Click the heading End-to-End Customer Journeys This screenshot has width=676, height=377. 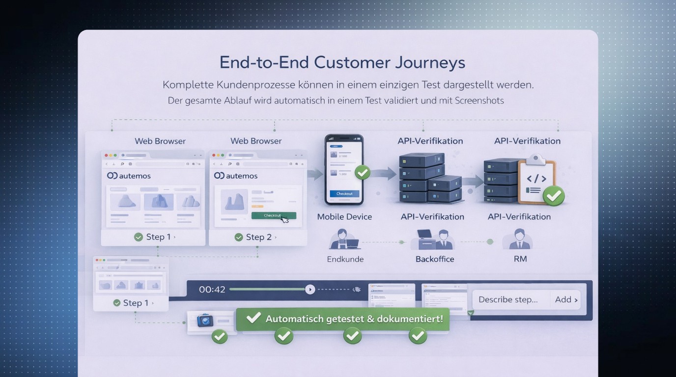click(342, 62)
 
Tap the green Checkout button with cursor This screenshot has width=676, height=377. click(273, 215)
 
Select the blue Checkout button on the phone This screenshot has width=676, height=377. click(344, 194)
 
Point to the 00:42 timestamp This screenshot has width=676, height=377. click(212, 290)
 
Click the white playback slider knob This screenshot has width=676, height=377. click(310, 290)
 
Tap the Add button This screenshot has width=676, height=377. click(566, 299)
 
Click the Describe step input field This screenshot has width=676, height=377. click(508, 299)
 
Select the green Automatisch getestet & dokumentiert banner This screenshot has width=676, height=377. click(342, 319)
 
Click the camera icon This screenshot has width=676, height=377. click(205, 321)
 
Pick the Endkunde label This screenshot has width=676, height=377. click(345, 259)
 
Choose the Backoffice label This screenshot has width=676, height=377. click(435, 259)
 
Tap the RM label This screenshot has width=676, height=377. click(520, 259)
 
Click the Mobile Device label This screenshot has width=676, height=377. click(344, 216)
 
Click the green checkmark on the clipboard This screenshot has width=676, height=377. click(554, 196)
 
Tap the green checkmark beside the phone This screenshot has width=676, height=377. click(363, 173)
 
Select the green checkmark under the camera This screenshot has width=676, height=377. click(219, 337)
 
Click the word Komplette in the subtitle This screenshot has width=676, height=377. click(187, 84)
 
